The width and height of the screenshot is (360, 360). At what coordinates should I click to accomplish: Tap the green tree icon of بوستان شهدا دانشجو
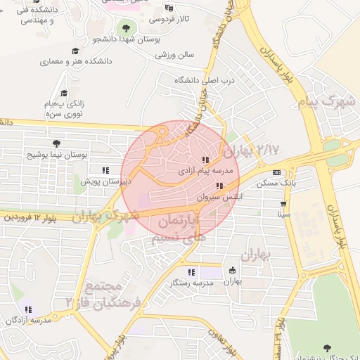[126, 28]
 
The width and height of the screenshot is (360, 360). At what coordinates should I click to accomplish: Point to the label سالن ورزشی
[174, 54]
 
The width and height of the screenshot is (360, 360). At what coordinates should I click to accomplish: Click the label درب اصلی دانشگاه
[198, 81]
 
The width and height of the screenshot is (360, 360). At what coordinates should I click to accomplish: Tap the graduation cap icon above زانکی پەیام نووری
[65, 93]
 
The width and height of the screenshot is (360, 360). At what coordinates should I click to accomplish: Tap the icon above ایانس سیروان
[220, 186]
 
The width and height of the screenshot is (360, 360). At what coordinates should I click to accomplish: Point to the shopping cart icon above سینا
[283, 203]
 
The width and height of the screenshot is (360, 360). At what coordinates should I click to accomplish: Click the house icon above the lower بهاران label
[233, 271]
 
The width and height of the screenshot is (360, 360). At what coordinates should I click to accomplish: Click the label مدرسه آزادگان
[28, 320]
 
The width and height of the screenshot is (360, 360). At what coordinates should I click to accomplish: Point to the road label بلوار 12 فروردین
[28, 217]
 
